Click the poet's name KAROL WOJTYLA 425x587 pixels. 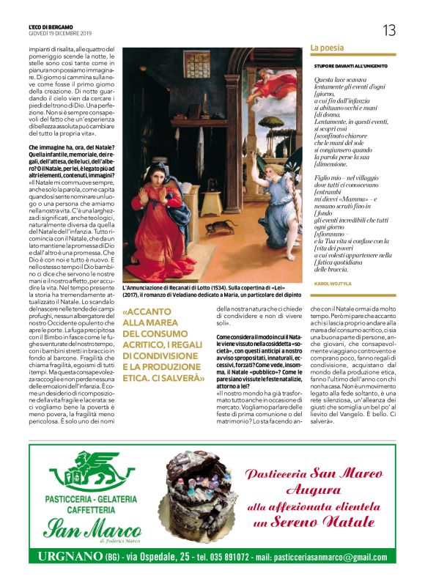(x=332, y=281)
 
